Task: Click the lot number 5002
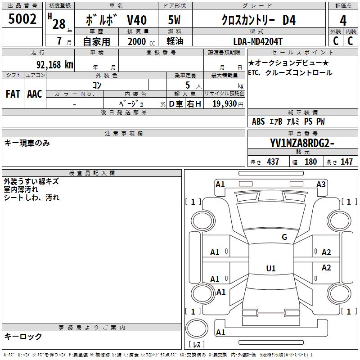point(22,18)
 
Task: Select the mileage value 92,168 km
point(54,64)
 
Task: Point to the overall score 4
point(343,20)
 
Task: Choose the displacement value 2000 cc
point(141,41)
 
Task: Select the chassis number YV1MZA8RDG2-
point(302,144)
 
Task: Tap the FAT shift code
point(13,94)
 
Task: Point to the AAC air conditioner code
point(35,94)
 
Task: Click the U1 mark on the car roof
point(270,269)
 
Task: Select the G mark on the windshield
point(284,237)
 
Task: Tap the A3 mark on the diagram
point(321,184)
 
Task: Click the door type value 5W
point(174,20)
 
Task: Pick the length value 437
point(273,162)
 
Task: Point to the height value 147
point(346,162)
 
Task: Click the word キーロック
point(23,336)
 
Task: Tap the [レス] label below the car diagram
point(197,344)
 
